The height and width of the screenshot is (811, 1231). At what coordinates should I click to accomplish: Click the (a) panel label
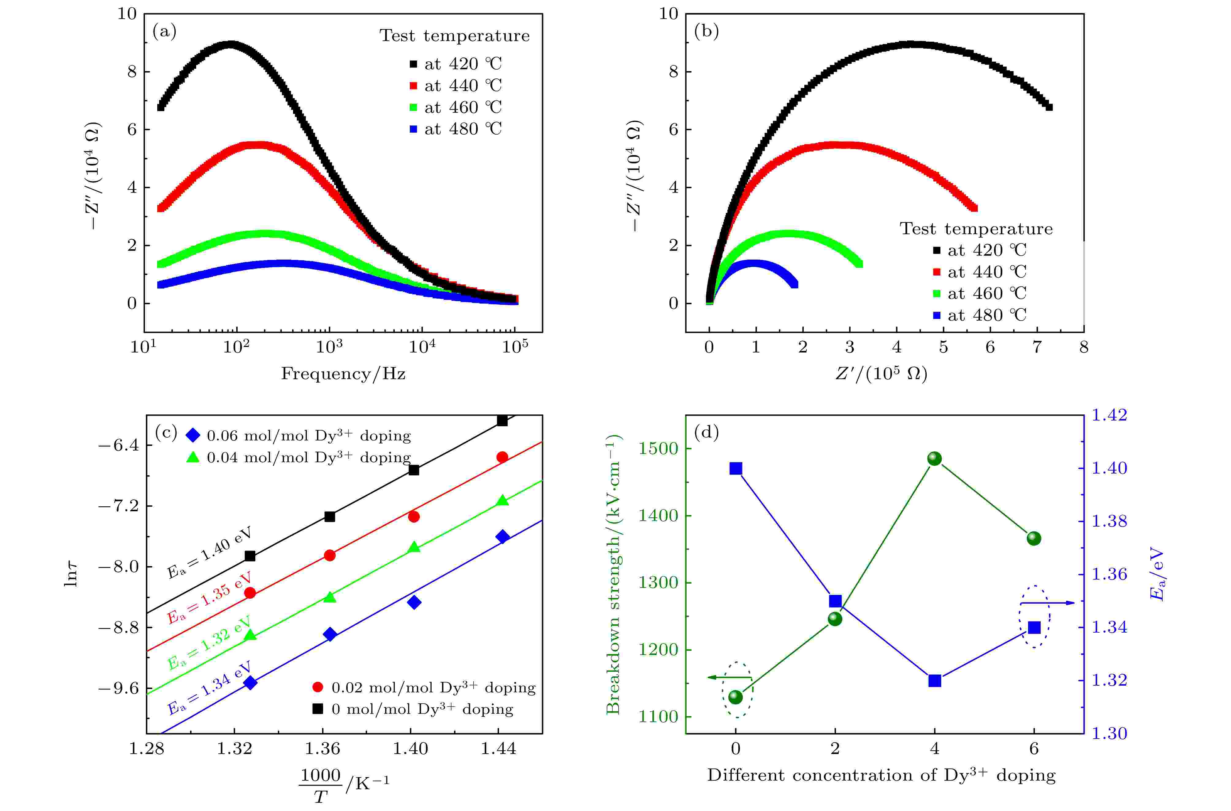coord(165,32)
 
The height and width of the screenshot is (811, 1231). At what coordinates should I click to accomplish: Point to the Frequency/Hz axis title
coord(343,373)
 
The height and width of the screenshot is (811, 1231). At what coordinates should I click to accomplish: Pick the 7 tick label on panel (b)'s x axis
coord(1037,347)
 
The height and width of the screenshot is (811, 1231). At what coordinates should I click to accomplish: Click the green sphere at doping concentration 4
coord(934,458)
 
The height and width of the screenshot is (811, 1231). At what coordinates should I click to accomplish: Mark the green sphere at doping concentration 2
coord(835,619)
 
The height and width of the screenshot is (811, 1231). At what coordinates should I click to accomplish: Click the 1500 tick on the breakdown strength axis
coord(658,448)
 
